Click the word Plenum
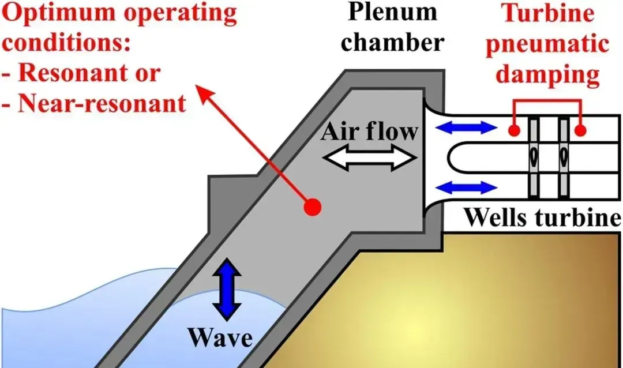click(x=386, y=14)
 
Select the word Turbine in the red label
click(x=547, y=14)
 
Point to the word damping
click(x=547, y=75)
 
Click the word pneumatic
click(x=547, y=45)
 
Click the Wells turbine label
click(x=543, y=217)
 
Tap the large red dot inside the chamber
click(x=313, y=206)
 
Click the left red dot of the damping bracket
click(x=513, y=131)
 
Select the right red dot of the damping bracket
click(x=581, y=131)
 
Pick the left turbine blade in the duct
click(x=535, y=156)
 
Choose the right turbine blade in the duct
click(x=562, y=156)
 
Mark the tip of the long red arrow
click(x=198, y=88)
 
